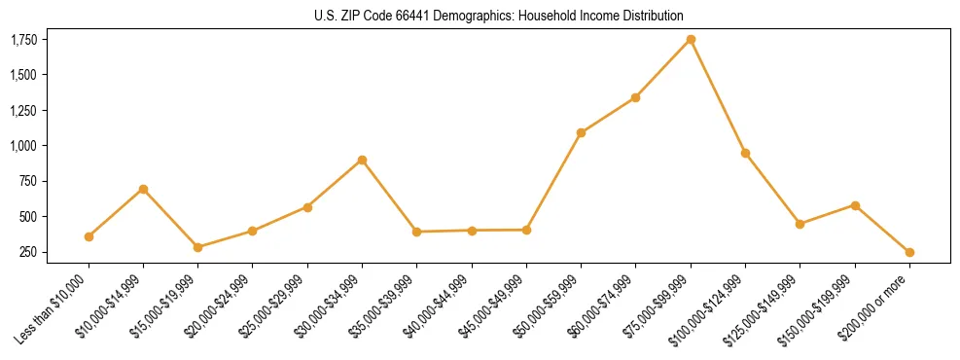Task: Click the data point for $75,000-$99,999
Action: tap(691, 40)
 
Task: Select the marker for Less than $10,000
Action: tap(89, 236)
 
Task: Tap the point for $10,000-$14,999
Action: tap(143, 189)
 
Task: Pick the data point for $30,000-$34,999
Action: tap(362, 160)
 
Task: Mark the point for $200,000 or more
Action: tap(909, 252)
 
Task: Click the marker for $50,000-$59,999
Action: tap(581, 132)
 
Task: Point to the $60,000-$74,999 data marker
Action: tap(635, 97)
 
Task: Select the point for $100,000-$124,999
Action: tap(745, 153)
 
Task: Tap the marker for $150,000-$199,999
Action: tap(855, 205)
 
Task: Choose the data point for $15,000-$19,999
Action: tap(197, 247)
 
